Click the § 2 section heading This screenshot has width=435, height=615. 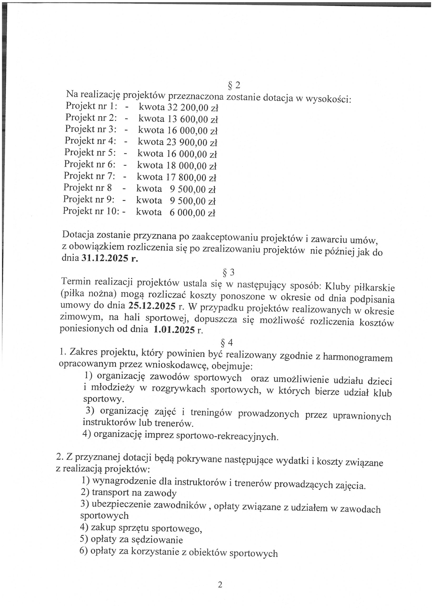234,85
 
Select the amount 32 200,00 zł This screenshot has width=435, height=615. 193,108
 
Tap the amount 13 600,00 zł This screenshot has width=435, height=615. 193,119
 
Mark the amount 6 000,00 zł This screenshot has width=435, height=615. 192,213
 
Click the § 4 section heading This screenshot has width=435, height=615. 226,343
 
